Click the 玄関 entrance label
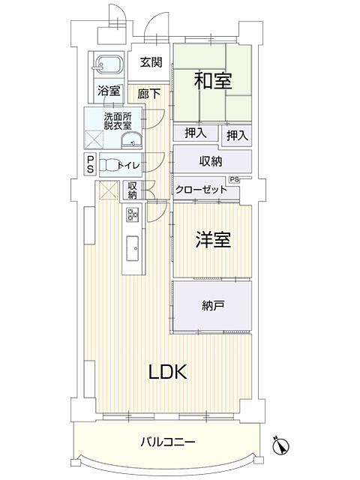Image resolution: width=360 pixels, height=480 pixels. [151, 63]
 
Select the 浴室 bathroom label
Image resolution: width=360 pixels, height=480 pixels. [109, 91]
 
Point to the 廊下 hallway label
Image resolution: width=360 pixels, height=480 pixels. [149, 94]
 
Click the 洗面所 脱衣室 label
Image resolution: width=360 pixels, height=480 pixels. [118, 121]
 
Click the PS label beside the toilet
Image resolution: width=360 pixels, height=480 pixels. [90, 164]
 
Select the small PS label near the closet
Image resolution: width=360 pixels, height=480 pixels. [235, 179]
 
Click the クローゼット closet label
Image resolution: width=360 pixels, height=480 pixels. [202, 190]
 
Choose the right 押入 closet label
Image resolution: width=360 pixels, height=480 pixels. [237, 135]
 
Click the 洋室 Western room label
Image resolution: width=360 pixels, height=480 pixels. [213, 240]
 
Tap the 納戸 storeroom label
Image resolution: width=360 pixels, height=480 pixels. [212, 305]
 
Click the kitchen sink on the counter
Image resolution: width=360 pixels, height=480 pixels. [132, 244]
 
